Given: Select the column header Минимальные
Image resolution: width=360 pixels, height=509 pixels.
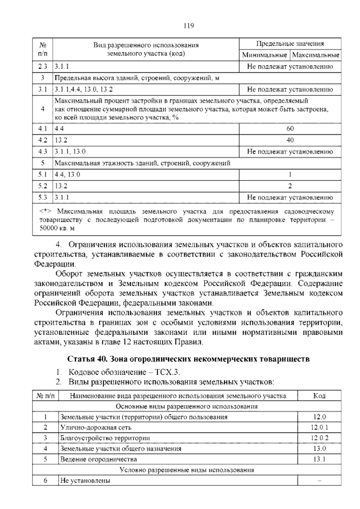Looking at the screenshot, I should point(264,55).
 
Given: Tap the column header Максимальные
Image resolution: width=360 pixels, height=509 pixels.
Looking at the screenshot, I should point(316,55).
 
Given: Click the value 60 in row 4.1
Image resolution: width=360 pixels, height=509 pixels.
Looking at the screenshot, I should point(290,129).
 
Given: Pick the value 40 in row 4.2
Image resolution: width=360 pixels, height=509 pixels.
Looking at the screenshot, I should point(290,140).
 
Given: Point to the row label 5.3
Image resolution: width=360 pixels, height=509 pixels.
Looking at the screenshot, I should point(43,197).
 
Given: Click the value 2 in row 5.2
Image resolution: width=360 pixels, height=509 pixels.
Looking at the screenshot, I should point(290,186).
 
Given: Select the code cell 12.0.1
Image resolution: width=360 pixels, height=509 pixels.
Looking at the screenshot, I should point(319,427).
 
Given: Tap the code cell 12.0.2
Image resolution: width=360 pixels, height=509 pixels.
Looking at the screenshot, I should point(319,438).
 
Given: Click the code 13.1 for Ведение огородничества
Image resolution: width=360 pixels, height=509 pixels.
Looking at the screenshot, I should point(319,459).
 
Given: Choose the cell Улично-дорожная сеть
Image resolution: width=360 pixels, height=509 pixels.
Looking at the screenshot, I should point(96,427).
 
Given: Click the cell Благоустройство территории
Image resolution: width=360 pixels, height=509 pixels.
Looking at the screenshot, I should point(105,438).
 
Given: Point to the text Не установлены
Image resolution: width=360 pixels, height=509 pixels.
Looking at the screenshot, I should point(85,480).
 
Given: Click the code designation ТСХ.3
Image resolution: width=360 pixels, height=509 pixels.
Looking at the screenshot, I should point(167,372).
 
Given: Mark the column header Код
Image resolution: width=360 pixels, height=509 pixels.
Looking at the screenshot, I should point(319,396).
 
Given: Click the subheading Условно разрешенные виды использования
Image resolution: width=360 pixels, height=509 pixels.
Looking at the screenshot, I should point(187,470).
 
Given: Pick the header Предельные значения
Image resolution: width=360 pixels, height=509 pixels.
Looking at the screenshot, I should point(290,44).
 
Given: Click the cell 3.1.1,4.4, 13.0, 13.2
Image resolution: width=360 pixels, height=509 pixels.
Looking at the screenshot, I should point(84,89).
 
